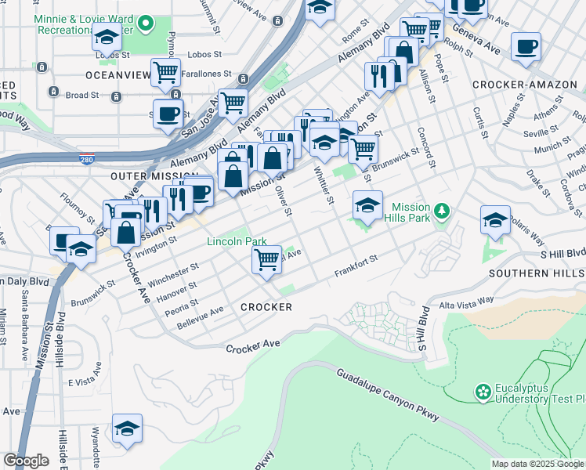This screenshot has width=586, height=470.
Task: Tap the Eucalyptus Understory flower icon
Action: pyautogui.click(x=483, y=390)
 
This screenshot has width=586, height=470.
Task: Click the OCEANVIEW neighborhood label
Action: pyautogui.click(x=118, y=75)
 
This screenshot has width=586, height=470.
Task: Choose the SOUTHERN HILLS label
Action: pyautogui.click(x=537, y=273)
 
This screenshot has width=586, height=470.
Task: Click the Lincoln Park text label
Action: pyautogui.click(x=237, y=242)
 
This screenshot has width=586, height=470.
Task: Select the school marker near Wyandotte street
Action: pyautogui.click(x=127, y=428)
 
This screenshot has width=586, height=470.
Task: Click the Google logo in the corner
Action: pyautogui.click(x=26, y=461)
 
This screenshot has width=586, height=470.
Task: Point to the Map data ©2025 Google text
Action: pyautogui.click(x=537, y=464)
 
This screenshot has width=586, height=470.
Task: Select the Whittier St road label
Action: pyautogui.click(x=324, y=186)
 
